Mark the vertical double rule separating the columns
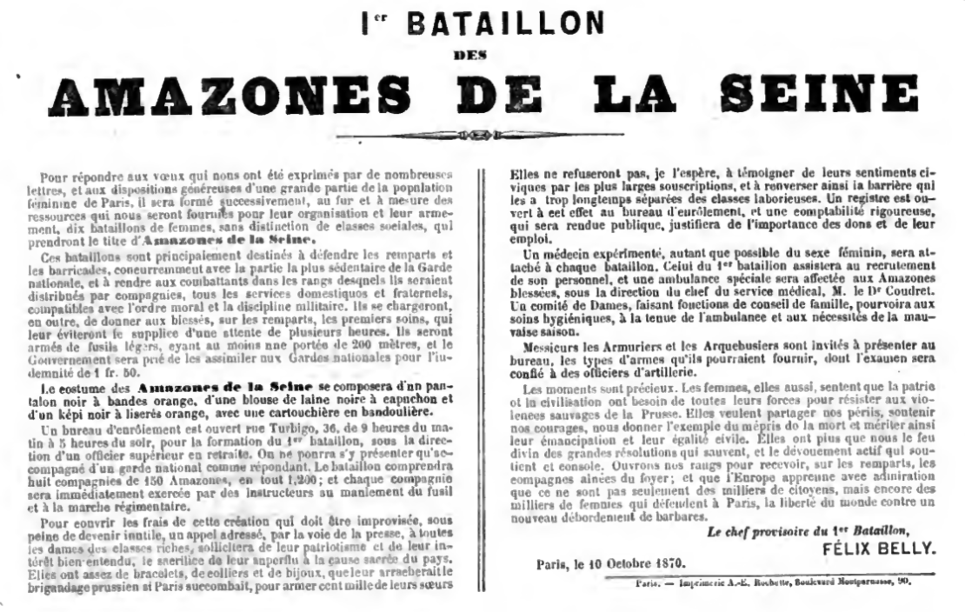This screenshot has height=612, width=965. point(481,374)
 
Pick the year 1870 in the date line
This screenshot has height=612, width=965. point(667,562)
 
